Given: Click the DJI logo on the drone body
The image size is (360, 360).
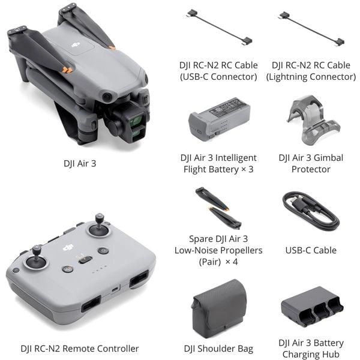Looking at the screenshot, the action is [x=76, y=45].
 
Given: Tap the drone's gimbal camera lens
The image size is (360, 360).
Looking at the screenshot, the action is [x=136, y=121].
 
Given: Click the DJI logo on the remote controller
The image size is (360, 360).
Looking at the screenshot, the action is [x=68, y=247].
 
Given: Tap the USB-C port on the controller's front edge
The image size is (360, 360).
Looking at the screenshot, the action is [x=116, y=289].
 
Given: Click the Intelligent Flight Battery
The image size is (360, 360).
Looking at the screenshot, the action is [x=219, y=119].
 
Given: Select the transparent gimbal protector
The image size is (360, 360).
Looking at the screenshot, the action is [x=314, y=121].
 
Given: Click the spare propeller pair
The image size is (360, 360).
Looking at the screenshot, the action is [x=218, y=208].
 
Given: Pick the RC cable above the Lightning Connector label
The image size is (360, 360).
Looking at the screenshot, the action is [x=311, y=29].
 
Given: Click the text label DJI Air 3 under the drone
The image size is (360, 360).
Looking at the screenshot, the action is [x=80, y=164].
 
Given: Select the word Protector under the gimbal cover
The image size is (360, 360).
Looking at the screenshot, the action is [x=311, y=169].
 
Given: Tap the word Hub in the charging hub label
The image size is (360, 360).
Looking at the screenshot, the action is [x=331, y=355].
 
